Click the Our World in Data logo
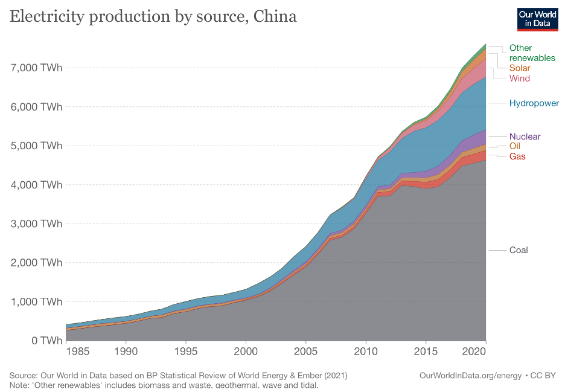(x=537, y=19)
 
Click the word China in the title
(x=275, y=16)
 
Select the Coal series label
(x=519, y=250)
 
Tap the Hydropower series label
(x=534, y=103)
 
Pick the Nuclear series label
(x=525, y=137)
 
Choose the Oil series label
(x=514, y=146)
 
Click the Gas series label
(x=517, y=156)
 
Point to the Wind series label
(x=520, y=79)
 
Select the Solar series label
(x=520, y=68)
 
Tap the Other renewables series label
(x=532, y=53)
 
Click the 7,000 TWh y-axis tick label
(x=37, y=68)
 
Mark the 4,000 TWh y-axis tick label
(x=37, y=185)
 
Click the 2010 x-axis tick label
(x=365, y=351)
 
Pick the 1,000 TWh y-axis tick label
(x=37, y=301)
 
